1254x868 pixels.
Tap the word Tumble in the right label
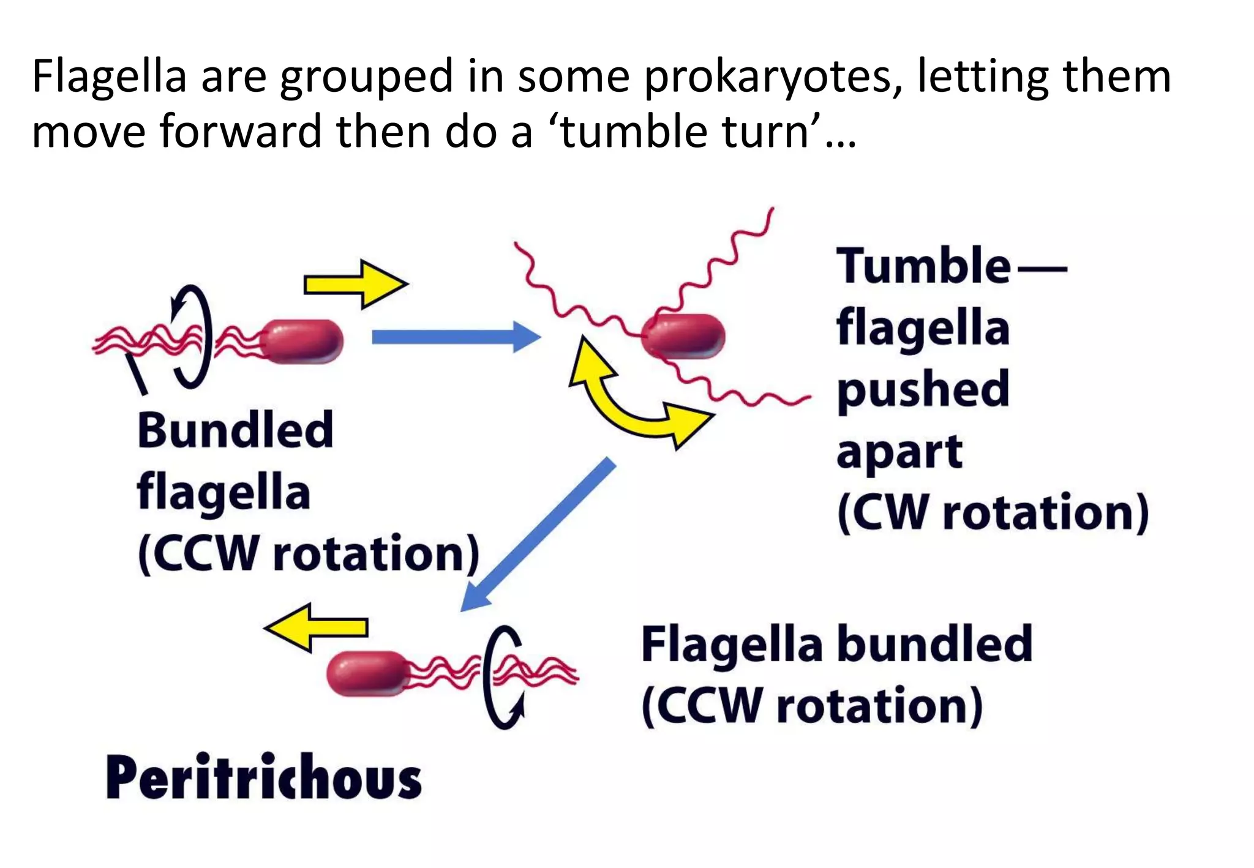tap(923, 266)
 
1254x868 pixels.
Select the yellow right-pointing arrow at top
tap(355, 285)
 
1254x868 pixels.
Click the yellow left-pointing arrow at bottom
tap(317, 627)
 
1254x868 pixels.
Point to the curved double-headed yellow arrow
tap(637, 404)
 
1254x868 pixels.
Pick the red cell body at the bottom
tap(367, 673)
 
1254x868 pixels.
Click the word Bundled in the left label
tap(235, 430)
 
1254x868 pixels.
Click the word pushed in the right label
tap(923, 390)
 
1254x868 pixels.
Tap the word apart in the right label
tap(899, 453)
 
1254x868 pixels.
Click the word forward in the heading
tap(241, 132)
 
